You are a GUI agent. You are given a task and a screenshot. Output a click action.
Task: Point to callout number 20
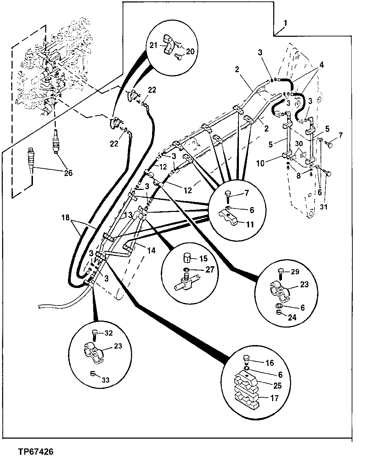(x=190, y=51)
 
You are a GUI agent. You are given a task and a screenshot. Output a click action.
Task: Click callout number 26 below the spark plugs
(x=68, y=173)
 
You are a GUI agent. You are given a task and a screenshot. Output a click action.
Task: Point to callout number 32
(x=109, y=333)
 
